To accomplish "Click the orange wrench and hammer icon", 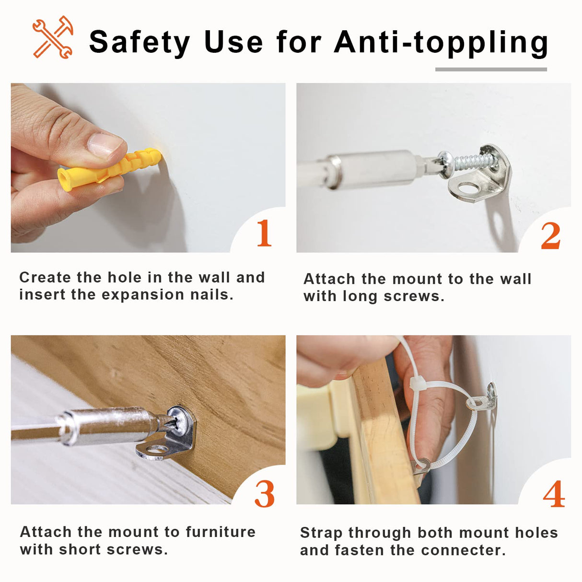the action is click(53, 37).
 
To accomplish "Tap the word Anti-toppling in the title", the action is click(441, 43).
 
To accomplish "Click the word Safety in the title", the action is click(140, 43).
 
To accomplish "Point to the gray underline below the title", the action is click(491, 70).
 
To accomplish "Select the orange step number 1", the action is click(264, 233).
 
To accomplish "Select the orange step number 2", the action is click(550, 235).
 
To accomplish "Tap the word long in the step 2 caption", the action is click(360, 297).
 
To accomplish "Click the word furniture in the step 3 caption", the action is click(221, 532).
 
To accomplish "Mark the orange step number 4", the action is click(554, 494).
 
